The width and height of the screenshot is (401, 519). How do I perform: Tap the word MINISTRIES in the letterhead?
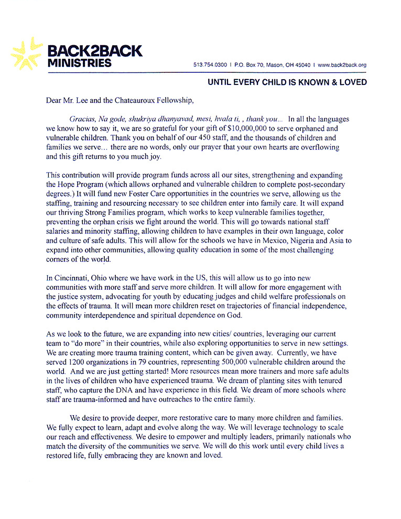(79, 63)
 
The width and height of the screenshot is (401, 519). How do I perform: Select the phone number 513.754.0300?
(210, 65)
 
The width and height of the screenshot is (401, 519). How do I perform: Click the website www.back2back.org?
(342, 65)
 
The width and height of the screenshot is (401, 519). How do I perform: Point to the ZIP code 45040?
(301, 65)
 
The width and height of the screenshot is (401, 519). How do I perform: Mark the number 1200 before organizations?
(79, 362)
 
